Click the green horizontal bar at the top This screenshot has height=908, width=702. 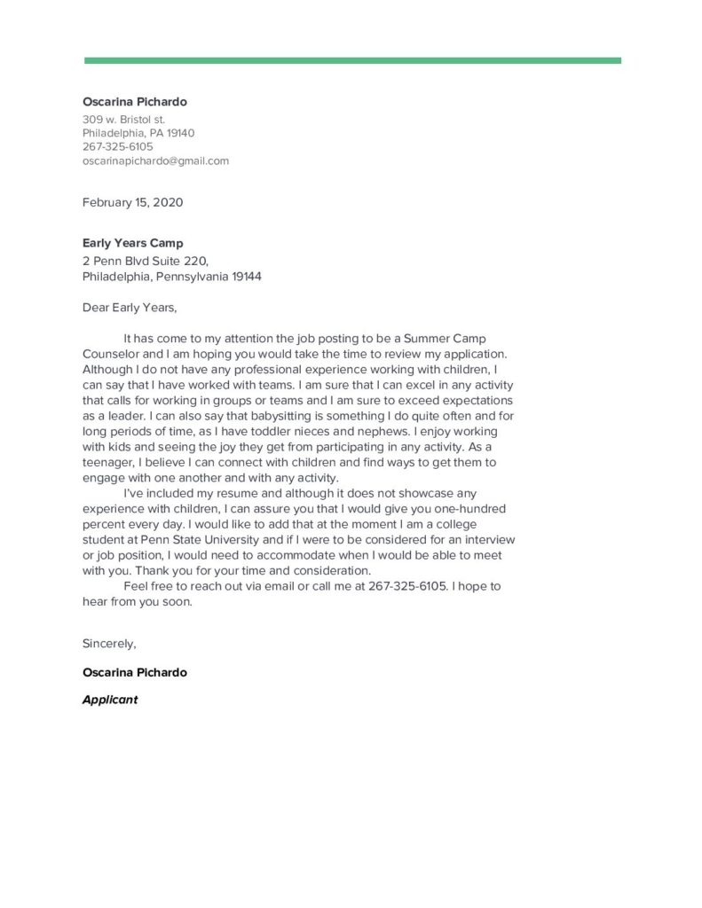[x=352, y=60]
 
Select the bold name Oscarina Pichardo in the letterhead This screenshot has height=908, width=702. [x=135, y=102]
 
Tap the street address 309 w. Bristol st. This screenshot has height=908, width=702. [x=123, y=119]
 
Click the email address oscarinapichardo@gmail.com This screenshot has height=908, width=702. [x=155, y=160]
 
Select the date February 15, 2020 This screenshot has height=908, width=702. [x=132, y=202]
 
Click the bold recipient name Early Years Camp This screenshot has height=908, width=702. [x=133, y=243]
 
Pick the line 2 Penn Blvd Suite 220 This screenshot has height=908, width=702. [x=145, y=262]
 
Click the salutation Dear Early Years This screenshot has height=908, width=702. [x=130, y=308]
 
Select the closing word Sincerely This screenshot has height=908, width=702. [x=109, y=643]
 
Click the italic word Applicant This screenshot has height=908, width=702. [x=110, y=700]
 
